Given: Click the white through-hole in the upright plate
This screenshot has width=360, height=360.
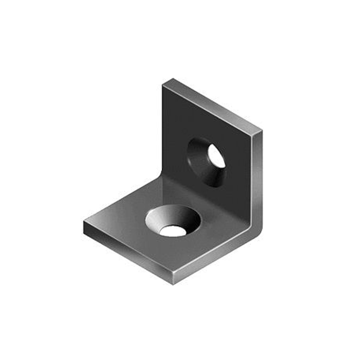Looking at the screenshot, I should (216, 156).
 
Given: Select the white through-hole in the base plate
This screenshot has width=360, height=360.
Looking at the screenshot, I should (173, 230).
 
